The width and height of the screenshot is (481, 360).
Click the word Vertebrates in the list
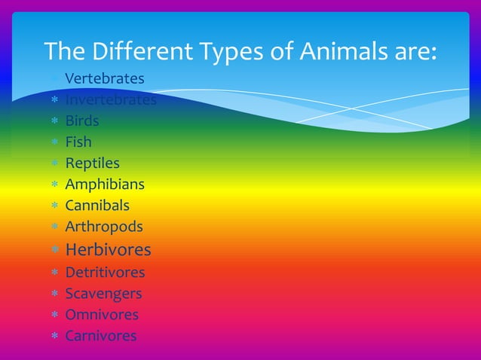104,78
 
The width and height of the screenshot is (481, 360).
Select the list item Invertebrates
110,99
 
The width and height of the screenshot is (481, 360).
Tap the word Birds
81,121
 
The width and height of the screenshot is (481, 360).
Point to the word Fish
78,142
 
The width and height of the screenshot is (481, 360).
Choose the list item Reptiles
92,163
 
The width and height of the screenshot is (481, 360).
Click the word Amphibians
104,184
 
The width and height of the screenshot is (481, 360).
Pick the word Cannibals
97,205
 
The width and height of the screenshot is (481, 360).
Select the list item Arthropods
103,226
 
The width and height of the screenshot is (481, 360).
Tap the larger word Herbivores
108,249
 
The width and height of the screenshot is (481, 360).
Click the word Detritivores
105,272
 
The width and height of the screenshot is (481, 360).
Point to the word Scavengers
103,293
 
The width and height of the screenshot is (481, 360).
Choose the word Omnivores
101,314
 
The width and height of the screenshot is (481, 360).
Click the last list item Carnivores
100,335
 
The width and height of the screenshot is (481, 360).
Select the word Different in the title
143,51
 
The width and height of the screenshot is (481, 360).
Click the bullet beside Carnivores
54,336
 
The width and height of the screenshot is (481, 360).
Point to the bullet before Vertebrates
54,79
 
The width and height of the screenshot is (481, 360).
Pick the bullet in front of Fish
54,142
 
